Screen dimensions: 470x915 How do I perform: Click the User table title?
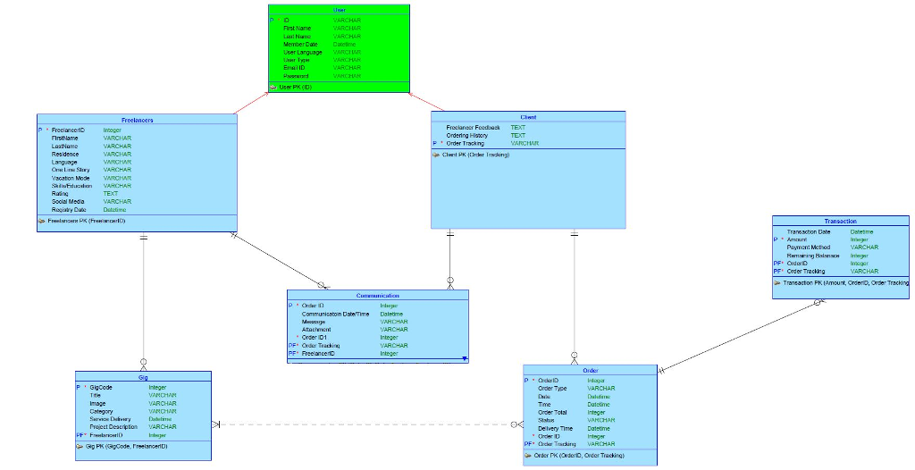[340, 9]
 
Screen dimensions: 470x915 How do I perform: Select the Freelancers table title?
[137, 120]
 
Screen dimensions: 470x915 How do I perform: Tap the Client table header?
[528, 117]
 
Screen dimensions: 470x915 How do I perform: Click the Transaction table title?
[840, 221]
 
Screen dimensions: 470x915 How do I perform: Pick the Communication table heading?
[377, 295]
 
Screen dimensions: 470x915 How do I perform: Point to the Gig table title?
[143, 377]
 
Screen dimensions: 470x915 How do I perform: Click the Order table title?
[591, 370]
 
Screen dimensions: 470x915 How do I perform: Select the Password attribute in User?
[296, 76]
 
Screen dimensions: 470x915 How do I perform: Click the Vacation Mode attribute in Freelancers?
[71, 178]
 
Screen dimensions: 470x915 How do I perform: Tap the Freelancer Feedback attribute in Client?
[473, 128]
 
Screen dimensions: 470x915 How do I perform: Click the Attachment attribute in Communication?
[316, 330]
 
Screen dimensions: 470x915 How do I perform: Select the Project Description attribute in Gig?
[113, 427]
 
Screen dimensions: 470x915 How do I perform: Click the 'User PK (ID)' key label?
[295, 88]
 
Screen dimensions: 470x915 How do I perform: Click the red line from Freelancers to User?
[252, 102]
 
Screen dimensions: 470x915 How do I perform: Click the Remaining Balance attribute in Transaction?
[814, 256]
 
